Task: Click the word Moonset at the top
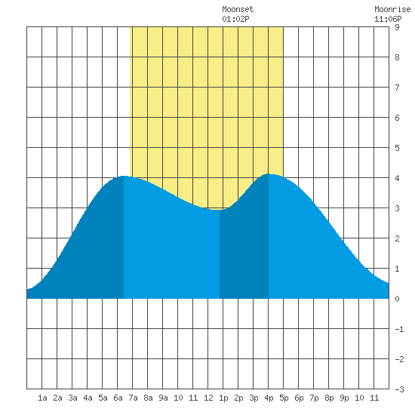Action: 238,9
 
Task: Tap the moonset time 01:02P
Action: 235,19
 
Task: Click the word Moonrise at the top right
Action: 392,9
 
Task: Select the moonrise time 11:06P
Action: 388,19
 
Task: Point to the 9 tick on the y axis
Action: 397,27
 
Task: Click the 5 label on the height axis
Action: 397,148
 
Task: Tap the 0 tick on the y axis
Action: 397,299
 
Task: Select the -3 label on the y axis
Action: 399,389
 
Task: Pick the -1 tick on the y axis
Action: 399,329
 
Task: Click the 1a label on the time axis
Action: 42,398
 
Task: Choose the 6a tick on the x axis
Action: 118,398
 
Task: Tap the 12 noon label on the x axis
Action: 208,398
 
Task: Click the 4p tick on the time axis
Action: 269,398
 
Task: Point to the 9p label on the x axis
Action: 344,398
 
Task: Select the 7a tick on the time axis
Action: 133,398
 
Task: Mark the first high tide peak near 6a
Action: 124,176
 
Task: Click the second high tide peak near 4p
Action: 269,174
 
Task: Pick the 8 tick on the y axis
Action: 397,57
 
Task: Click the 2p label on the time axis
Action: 238,398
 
